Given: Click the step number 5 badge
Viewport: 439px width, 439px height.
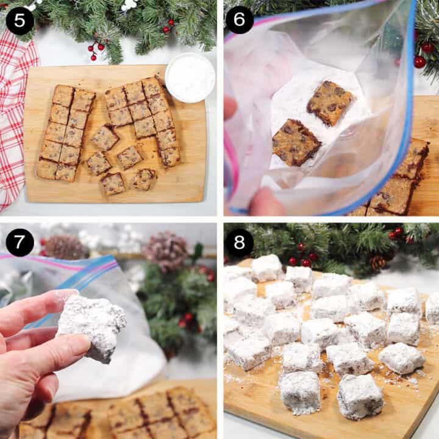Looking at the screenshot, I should coord(20,20).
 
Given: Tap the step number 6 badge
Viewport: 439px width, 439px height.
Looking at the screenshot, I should coord(240,20).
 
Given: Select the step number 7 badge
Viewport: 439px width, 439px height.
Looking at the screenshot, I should coord(20,242).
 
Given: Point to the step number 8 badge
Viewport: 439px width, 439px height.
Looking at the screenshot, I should coord(240,242).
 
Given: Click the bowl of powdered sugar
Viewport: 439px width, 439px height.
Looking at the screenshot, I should coord(190,77).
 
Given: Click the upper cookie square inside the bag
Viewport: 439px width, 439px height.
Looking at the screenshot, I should coord(329,102).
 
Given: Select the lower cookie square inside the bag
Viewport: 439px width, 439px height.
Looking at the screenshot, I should coord(296,142).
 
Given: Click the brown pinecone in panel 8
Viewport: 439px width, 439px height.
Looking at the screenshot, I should coord(379,263).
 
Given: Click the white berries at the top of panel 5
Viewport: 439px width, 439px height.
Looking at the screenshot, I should coord(129,5).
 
